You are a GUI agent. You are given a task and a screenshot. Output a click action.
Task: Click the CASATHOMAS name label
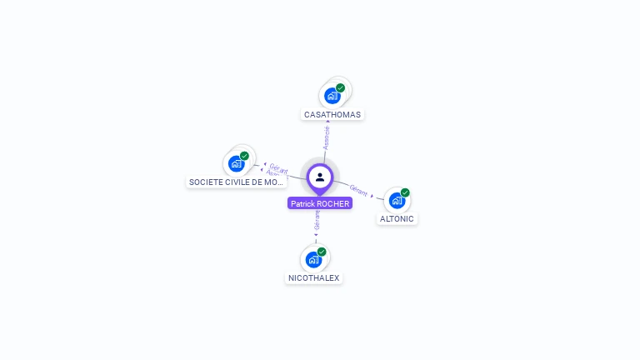click(332, 114)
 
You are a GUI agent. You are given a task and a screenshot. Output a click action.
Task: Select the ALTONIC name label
click(397, 218)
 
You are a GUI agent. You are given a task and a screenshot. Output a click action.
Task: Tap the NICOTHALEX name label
click(313, 277)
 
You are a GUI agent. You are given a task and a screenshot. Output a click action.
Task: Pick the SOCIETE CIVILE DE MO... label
click(237, 182)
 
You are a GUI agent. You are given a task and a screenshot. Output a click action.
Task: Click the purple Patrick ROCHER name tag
click(320, 203)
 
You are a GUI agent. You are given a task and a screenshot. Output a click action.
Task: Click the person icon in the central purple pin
click(320, 177)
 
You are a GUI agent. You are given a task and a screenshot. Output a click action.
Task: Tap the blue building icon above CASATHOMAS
click(332, 95)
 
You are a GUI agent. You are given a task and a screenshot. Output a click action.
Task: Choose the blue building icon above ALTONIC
click(397, 200)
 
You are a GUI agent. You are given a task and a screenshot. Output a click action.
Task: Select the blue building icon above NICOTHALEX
click(313, 259)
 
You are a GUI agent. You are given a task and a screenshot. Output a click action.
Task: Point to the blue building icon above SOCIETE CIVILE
click(236, 163)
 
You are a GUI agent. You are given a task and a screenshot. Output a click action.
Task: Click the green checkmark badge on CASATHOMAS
click(340, 87)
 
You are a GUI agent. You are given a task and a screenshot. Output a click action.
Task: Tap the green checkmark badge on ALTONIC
click(405, 192)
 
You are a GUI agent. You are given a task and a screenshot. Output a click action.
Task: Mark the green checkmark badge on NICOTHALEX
click(322, 252)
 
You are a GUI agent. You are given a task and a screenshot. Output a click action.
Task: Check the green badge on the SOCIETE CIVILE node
click(244, 156)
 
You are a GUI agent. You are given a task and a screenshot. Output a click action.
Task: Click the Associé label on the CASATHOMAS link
click(327, 137)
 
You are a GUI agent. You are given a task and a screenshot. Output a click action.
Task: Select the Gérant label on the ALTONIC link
click(359, 190)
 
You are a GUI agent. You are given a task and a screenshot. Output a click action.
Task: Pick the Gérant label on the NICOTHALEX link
click(317, 220)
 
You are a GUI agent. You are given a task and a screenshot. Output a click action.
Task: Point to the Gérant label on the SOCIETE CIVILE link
click(278, 167)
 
